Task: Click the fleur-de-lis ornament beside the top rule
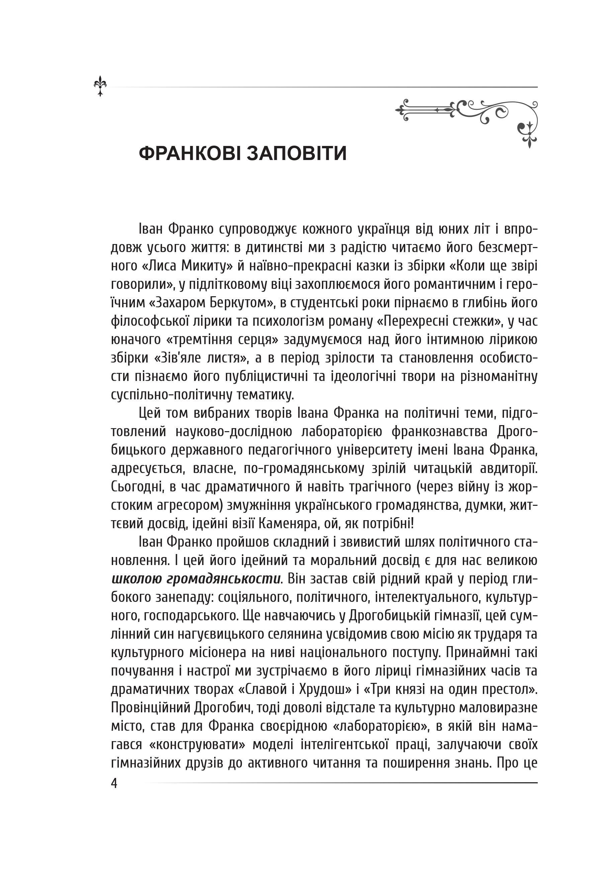100,86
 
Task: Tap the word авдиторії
508,468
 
